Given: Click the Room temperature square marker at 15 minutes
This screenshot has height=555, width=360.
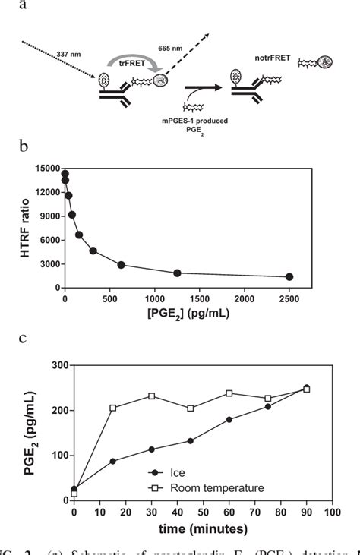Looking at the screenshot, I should click(x=113, y=408).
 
